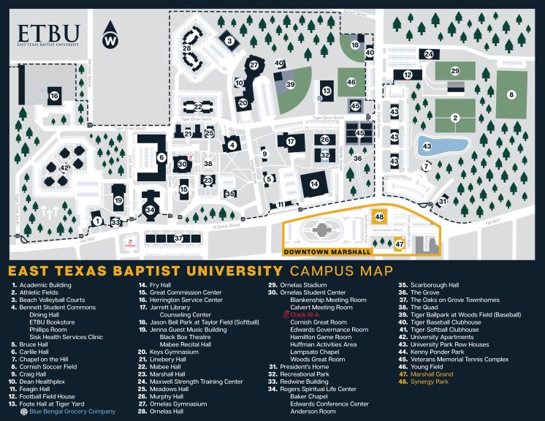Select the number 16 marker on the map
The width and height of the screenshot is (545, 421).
[x=54, y=95]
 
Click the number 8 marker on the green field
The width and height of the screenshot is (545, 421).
[x=511, y=94]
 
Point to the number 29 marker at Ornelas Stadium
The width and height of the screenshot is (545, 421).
[x=454, y=71]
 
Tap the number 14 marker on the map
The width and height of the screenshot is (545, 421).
[x=314, y=184]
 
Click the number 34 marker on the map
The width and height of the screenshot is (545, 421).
[x=150, y=210]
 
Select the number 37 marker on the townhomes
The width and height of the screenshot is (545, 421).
[x=178, y=239]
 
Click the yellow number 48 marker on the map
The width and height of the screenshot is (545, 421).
[x=378, y=217]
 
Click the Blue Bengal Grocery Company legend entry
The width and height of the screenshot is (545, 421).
[x=72, y=411]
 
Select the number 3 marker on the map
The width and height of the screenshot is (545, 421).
[x=229, y=41]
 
